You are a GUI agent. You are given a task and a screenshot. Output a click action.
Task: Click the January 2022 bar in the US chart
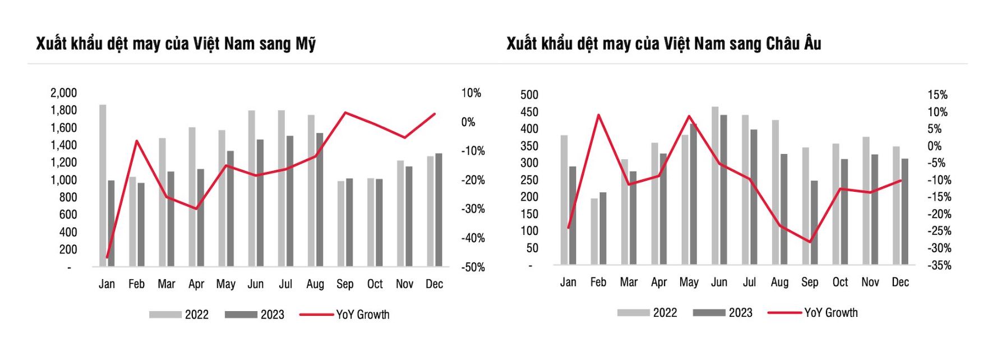(x=103, y=185)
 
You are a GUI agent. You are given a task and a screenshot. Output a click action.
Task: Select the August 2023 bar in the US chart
(x=320, y=199)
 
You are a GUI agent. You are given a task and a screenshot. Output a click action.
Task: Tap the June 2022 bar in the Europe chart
(x=715, y=185)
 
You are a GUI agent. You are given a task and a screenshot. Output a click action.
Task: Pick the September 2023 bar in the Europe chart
(x=814, y=222)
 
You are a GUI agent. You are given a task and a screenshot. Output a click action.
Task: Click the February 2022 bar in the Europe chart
(x=594, y=231)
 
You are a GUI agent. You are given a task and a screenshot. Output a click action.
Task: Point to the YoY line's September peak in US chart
(x=345, y=113)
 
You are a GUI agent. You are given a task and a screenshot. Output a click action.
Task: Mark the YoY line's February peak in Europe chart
(x=598, y=116)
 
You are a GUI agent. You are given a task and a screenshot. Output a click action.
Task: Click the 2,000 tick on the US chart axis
(x=63, y=93)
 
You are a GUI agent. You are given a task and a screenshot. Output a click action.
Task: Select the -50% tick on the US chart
(x=473, y=267)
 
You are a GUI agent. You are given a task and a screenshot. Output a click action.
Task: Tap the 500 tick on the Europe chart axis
(x=529, y=95)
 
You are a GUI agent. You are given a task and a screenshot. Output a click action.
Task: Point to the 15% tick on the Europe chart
(x=937, y=95)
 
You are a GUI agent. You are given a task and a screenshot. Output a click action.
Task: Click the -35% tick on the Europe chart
(x=939, y=265)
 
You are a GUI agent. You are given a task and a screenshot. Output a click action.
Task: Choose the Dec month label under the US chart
(x=434, y=284)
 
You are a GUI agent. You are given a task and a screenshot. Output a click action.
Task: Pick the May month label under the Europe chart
(x=689, y=282)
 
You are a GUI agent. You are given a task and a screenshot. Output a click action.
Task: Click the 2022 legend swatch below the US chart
(x=165, y=315)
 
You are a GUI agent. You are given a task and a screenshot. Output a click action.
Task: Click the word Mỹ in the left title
(x=306, y=44)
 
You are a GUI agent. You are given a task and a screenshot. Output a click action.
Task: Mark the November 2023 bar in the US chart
(x=409, y=216)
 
